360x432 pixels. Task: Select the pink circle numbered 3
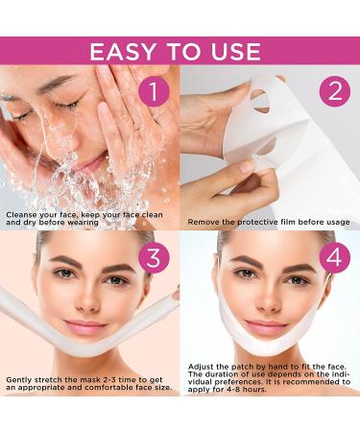152,258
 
